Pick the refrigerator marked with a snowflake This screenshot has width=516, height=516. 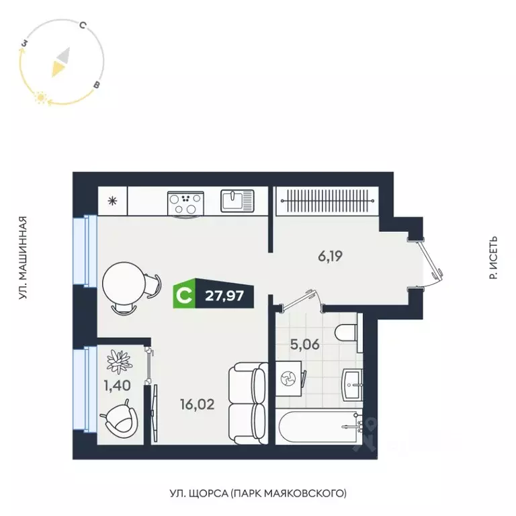point(113,200)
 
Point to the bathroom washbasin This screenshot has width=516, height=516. point(353,383)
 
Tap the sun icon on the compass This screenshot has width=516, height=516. point(40,98)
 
